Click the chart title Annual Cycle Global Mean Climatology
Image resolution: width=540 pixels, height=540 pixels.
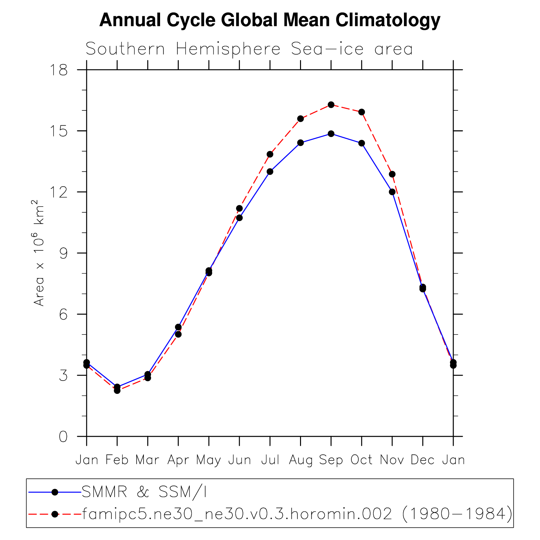(x=270, y=20)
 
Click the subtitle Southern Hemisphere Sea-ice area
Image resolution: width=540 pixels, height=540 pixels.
(x=249, y=49)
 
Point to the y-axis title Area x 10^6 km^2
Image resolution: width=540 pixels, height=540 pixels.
(x=39, y=253)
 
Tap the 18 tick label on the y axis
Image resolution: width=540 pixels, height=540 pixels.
(x=59, y=70)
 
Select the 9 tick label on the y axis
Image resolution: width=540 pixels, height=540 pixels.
(x=63, y=253)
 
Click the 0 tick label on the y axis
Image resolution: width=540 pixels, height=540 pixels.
(x=63, y=437)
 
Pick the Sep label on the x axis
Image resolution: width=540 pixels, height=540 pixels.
(x=331, y=460)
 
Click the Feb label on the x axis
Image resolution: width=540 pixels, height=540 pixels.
(x=117, y=460)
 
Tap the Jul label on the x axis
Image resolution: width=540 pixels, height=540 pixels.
(x=270, y=460)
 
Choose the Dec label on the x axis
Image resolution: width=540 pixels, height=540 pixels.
(x=422, y=460)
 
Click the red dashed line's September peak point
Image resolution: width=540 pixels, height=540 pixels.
(x=331, y=105)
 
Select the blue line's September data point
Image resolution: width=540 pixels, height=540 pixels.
(x=331, y=134)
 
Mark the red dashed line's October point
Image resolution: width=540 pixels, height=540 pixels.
(x=361, y=112)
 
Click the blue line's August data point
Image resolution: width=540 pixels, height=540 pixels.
(x=300, y=143)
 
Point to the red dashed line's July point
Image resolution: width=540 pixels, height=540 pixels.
(x=270, y=154)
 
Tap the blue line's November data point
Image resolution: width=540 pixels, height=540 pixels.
(x=392, y=192)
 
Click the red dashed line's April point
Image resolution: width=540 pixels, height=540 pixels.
(x=178, y=334)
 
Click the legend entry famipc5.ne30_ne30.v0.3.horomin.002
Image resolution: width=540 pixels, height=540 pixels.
(x=297, y=514)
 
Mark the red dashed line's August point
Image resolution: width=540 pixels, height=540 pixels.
(x=300, y=119)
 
